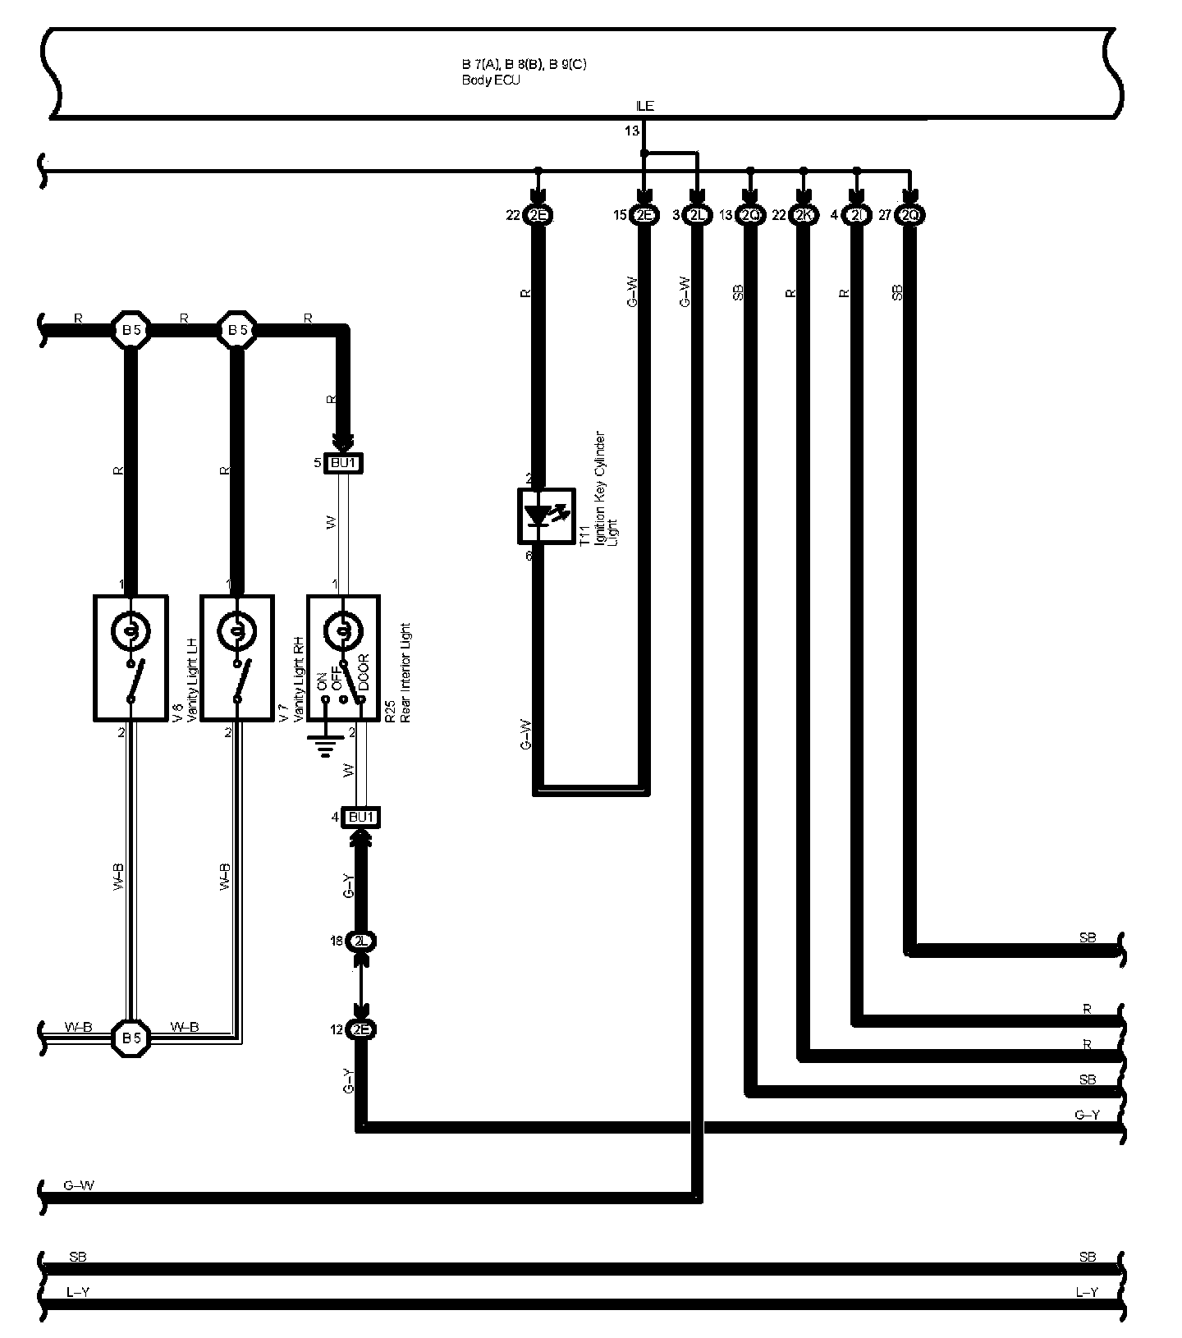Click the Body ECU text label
pyautogui.click(x=491, y=80)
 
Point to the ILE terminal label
pyautogui.click(x=645, y=106)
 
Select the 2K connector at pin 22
pyautogui.click(x=804, y=215)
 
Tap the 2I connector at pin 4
pyautogui.click(x=857, y=215)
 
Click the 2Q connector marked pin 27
pyautogui.click(x=909, y=215)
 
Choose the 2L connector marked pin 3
pyautogui.click(x=697, y=215)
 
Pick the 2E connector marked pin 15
pyautogui.click(x=644, y=215)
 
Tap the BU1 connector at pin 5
pyautogui.click(x=343, y=464)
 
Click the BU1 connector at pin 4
pyautogui.click(x=361, y=818)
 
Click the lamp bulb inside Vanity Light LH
pyautogui.click(x=131, y=630)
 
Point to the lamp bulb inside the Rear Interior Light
pyautogui.click(x=343, y=630)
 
